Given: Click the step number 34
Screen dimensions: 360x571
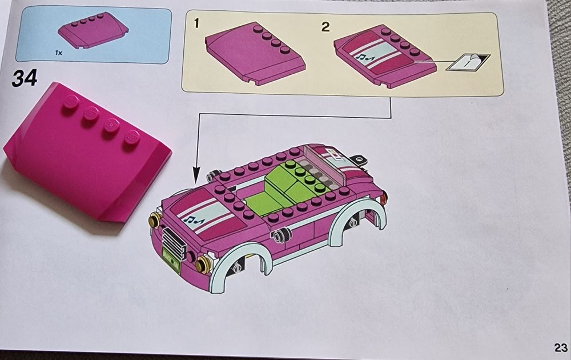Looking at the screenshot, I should tap(24, 77).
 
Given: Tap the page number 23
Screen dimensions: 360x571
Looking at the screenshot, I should tap(560, 347).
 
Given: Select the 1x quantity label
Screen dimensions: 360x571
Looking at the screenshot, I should tap(58, 52).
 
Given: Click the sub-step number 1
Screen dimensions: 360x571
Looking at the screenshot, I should tap(196, 23).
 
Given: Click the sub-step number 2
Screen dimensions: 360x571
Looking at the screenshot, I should tap(325, 26).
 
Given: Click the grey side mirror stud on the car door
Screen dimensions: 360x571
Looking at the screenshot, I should tap(281, 236).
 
